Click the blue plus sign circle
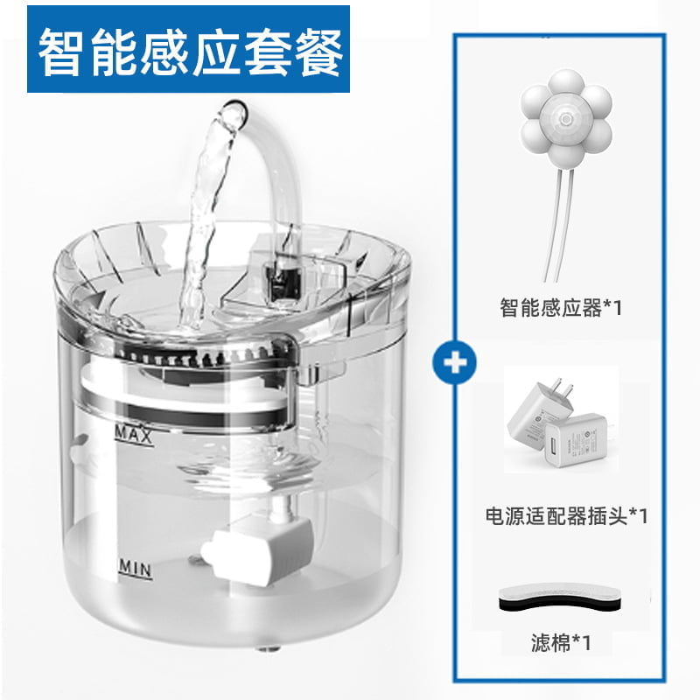tap(454, 362)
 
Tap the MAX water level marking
tap(134, 434)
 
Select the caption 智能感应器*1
tap(561, 307)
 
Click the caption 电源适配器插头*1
tap(566, 516)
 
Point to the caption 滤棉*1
tap(561, 643)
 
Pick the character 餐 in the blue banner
tap(318, 52)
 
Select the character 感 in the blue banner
tap(164, 52)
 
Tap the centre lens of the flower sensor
tap(565, 119)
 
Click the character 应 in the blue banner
tap(216, 52)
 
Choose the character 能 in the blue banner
tap(112, 52)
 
